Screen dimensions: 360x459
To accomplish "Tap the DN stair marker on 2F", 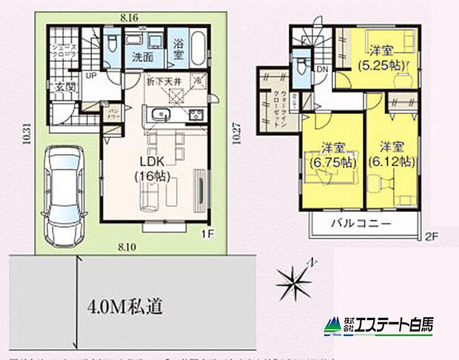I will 323,68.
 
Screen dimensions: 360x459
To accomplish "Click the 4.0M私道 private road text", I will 125,304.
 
